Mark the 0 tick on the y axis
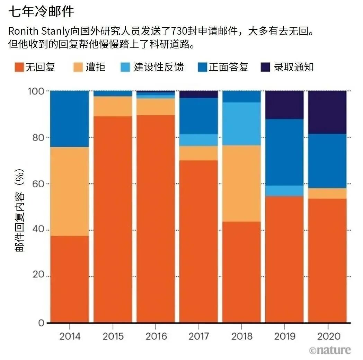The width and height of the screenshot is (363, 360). pos(41,323)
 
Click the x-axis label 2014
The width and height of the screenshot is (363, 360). pos(70,336)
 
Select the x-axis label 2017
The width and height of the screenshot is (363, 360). pos(198,336)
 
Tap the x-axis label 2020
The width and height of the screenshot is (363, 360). pos(327,336)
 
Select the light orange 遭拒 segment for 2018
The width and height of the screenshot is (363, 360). pos(241,183)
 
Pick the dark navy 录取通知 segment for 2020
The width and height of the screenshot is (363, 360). pos(327,112)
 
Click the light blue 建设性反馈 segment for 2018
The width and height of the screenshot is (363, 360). pos(241,124)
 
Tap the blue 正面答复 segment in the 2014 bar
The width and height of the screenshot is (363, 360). pos(70,119)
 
